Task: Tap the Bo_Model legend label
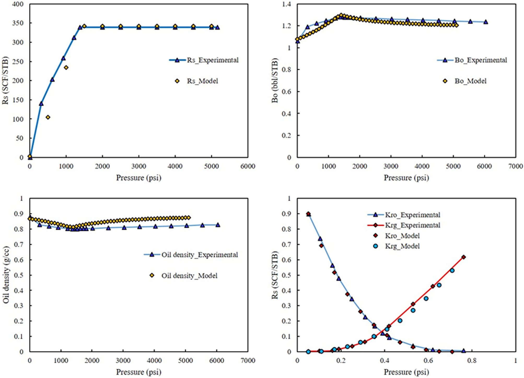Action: point(470,81)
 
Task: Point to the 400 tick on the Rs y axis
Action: point(18,4)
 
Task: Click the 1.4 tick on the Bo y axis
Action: point(286,4)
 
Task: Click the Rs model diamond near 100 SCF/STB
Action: point(48,117)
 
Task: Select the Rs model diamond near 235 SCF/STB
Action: point(66,68)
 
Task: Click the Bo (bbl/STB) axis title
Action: point(275,80)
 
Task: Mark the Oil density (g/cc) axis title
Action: point(6,275)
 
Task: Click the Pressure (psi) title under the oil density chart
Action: point(138,372)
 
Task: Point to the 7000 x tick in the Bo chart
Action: point(515,166)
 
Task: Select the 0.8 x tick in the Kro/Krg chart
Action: point(472,361)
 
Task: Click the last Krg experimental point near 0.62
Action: point(464,257)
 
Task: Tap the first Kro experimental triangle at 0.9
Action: point(308,214)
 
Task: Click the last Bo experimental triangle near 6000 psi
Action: point(486,22)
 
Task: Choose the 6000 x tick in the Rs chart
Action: point(248,166)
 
